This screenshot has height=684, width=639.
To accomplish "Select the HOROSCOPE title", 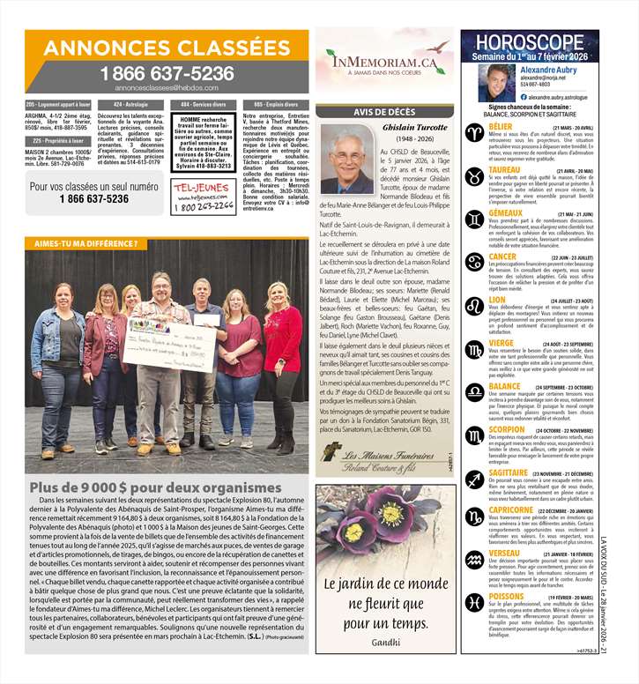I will pyautogui.click(x=529, y=41).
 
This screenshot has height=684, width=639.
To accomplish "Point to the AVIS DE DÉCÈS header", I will pyautogui.click(x=384, y=112).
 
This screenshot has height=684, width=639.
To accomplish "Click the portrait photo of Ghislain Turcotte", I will pyautogui.click(x=346, y=159).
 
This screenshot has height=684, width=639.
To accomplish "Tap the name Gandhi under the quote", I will pyautogui.click(x=385, y=641).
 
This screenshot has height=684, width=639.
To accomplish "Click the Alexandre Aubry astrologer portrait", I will pyautogui.click(x=496, y=82).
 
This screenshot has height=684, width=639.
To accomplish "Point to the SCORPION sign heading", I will pyautogui.click(x=507, y=429).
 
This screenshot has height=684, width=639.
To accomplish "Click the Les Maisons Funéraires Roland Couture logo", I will pyautogui.click(x=385, y=457).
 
